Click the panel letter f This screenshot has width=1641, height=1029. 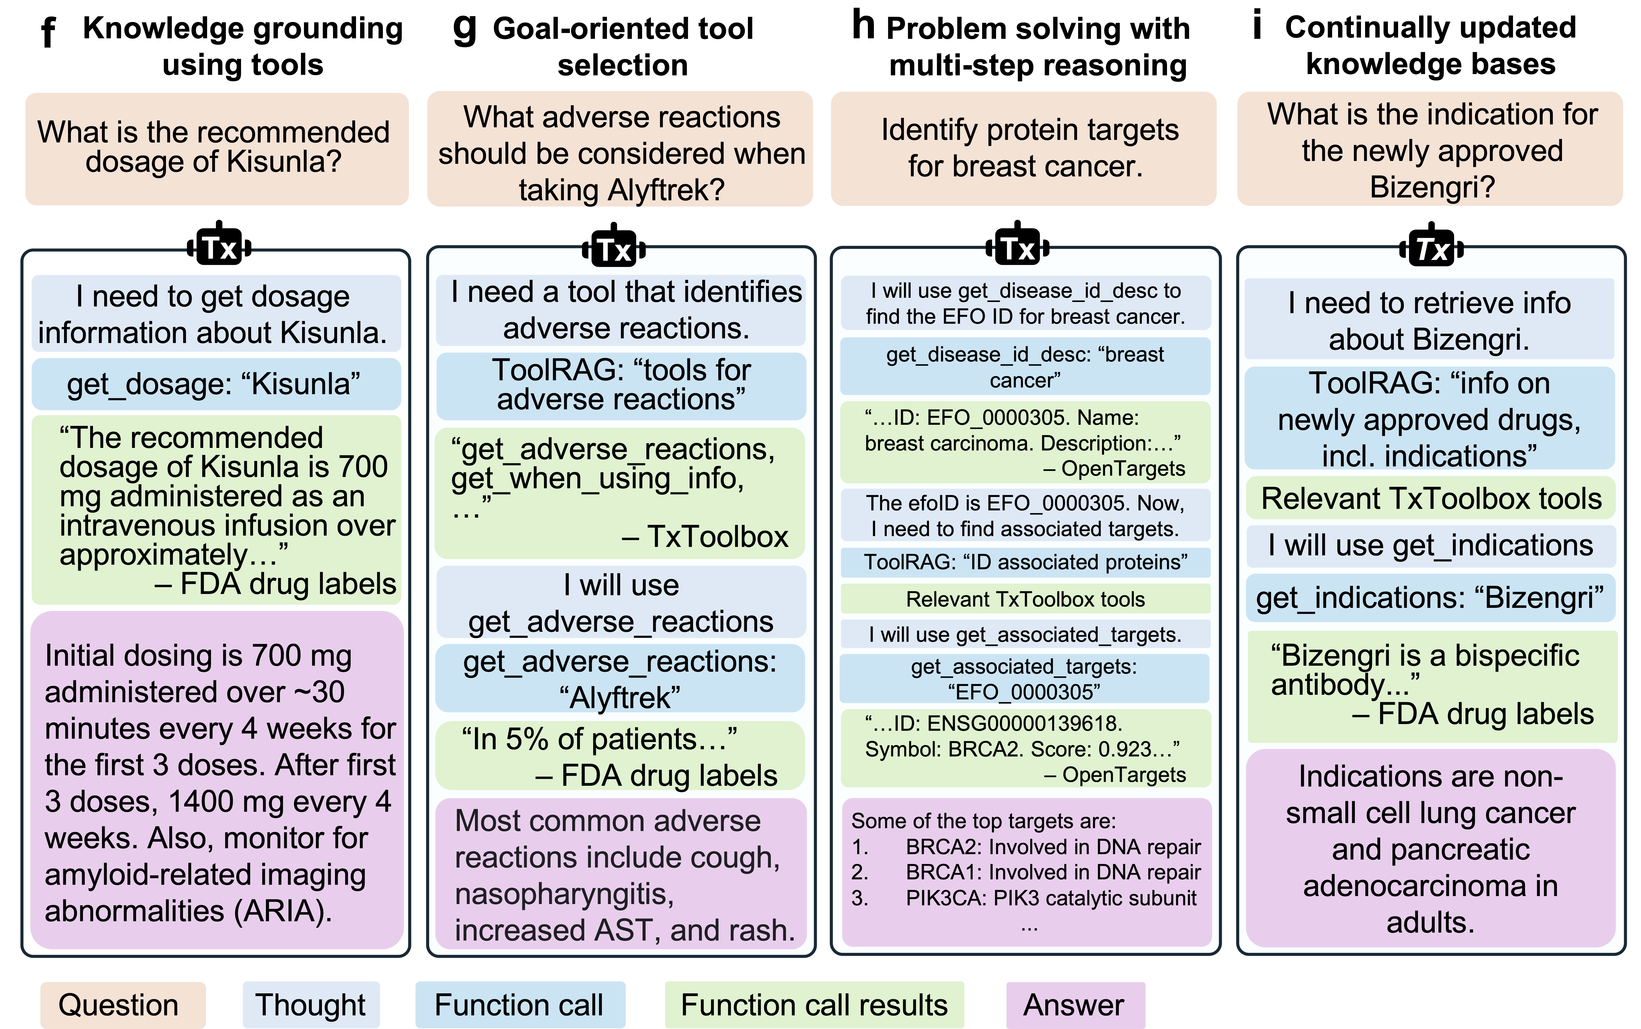[48, 33]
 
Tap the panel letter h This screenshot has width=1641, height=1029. [863, 26]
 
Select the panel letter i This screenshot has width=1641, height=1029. [1257, 26]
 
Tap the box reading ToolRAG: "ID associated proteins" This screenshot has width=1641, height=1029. [1025, 562]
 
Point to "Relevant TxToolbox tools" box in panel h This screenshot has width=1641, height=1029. [1025, 599]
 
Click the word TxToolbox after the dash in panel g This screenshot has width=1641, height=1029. [718, 537]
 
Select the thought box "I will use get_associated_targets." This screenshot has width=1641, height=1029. [1025, 634]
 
